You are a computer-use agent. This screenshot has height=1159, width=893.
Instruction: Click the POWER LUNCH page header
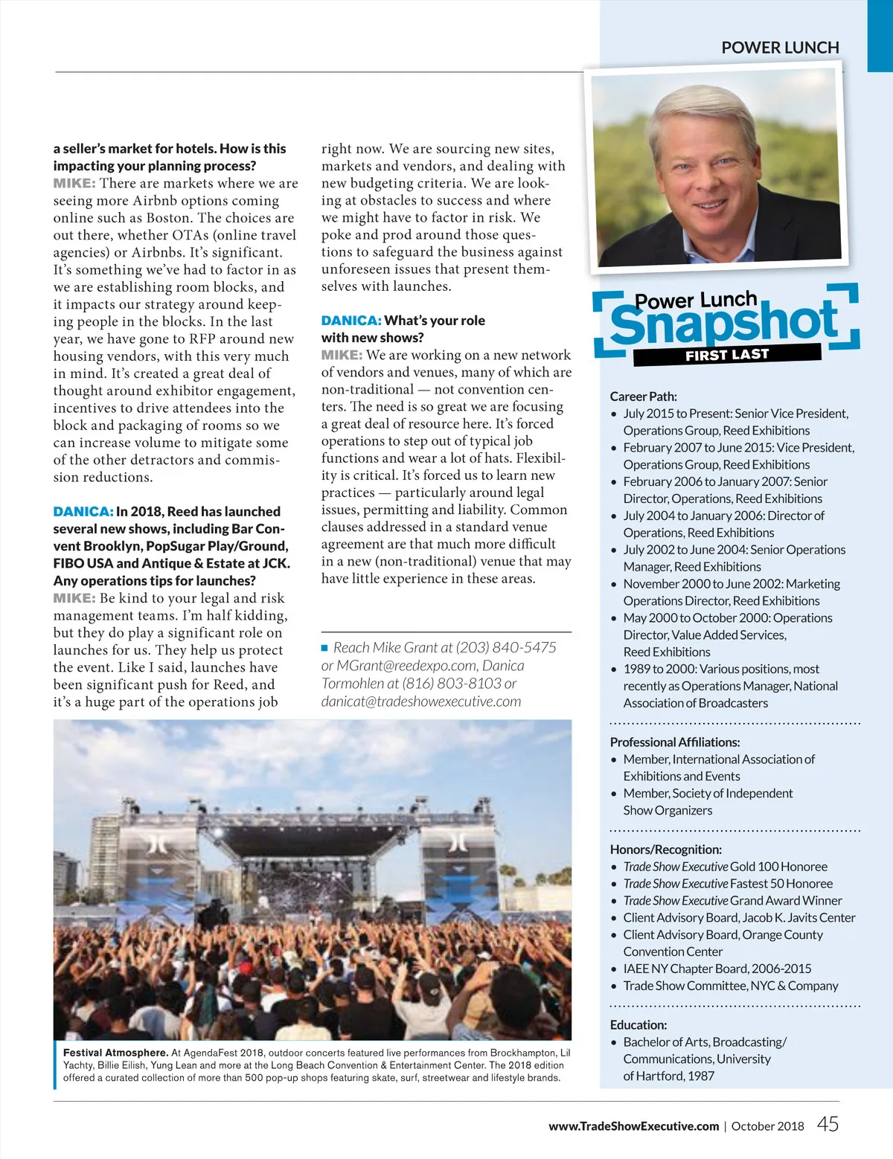(x=780, y=48)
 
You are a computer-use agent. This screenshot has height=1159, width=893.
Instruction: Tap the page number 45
(x=828, y=1124)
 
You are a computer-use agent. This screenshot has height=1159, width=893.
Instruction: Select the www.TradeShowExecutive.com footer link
(x=633, y=1126)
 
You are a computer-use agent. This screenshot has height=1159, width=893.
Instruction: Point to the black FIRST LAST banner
(x=726, y=355)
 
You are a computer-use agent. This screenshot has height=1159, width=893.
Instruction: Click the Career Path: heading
(x=643, y=396)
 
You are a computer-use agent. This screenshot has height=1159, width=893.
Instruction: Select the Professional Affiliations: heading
(x=674, y=742)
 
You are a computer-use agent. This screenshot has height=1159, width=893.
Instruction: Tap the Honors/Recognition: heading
(x=665, y=849)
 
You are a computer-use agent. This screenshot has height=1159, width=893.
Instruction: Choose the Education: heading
(x=638, y=1024)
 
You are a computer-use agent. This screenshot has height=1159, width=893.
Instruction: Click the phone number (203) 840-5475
(x=505, y=647)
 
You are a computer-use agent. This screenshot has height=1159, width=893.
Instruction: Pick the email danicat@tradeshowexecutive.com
(x=420, y=701)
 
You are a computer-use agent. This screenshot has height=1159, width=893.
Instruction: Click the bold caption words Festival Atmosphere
(x=115, y=1053)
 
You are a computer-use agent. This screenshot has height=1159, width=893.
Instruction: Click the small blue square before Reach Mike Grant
(x=324, y=648)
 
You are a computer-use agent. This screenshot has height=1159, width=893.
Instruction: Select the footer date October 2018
(x=767, y=1126)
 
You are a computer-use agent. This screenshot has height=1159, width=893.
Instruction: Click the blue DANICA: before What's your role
(x=351, y=321)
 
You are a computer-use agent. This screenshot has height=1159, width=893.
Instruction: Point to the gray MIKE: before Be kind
(x=74, y=598)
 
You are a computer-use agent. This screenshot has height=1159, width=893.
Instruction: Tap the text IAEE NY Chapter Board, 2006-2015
(x=717, y=969)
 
